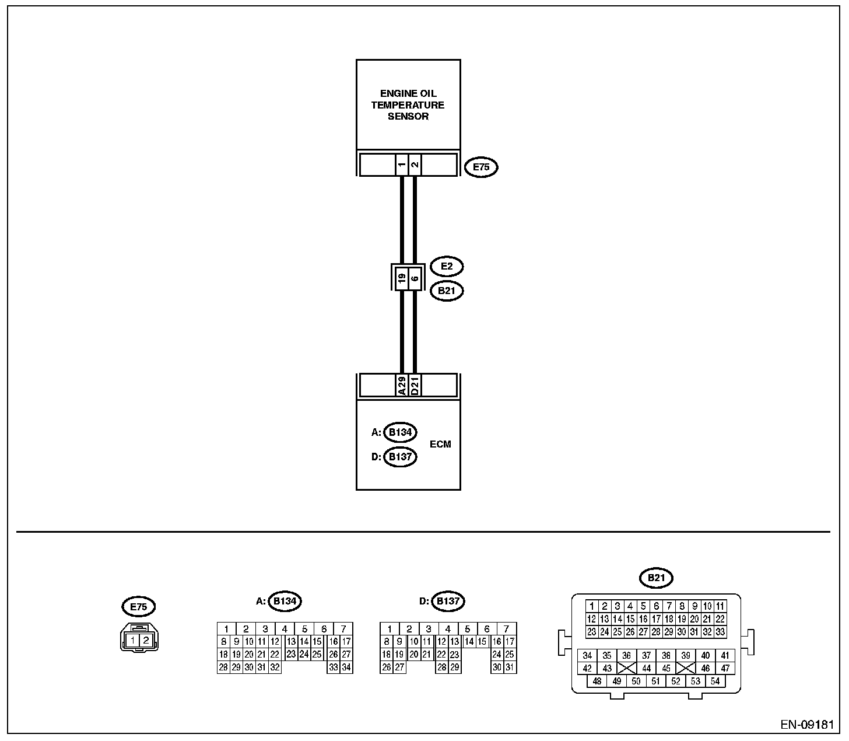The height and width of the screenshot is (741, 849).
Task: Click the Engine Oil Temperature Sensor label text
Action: [x=408, y=105]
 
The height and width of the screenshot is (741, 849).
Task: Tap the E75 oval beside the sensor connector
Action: [x=481, y=167]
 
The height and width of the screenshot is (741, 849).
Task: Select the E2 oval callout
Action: [x=447, y=267]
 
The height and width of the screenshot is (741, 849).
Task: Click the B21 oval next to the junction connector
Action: [x=447, y=291]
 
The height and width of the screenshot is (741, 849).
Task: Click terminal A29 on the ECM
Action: [x=402, y=386]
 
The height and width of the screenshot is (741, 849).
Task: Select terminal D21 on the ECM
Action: [x=415, y=386]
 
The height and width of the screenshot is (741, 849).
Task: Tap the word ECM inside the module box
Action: [x=440, y=444]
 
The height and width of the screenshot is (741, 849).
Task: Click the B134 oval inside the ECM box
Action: [x=401, y=432]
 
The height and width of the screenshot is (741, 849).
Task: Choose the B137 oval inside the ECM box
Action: [x=401, y=456]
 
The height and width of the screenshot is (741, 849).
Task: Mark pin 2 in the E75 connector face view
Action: [x=146, y=641]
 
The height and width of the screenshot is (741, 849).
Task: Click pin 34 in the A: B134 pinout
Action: [x=346, y=667]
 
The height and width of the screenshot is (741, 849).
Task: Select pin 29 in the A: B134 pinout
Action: [x=236, y=667]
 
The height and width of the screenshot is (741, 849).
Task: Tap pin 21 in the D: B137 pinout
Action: [x=427, y=655]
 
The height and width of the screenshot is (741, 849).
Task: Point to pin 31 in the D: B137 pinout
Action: [x=510, y=667]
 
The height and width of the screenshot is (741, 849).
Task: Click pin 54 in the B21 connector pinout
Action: [x=715, y=681]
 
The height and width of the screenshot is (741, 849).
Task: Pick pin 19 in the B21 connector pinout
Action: [x=682, y=619]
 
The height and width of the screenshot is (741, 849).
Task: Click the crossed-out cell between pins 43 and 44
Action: [x=627, y=669]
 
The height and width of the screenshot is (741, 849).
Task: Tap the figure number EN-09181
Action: [x=808, y=725]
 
